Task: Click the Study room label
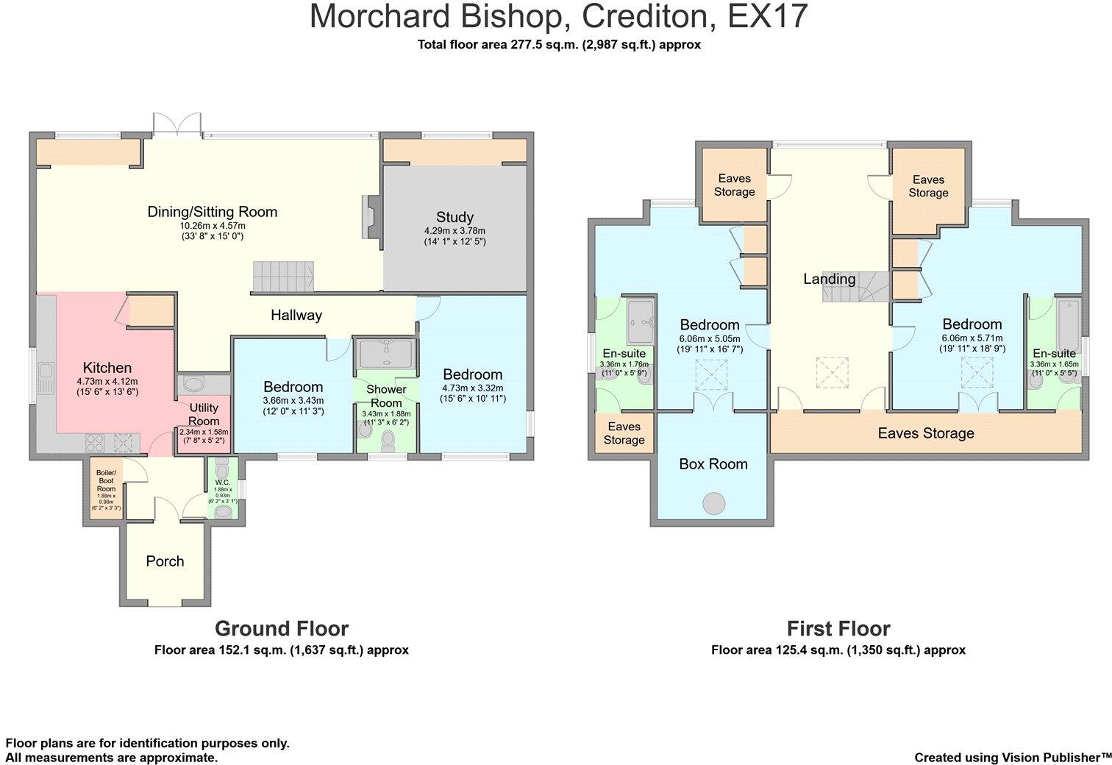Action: (455, 217)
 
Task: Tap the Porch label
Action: (165, 561)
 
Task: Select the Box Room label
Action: (713, 463)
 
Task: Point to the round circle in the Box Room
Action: (714, 504)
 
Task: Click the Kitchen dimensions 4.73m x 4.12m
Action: (107, 382)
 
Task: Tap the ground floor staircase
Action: (283, 277)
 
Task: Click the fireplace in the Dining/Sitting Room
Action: (372, 222)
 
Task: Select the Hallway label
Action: (296, 315)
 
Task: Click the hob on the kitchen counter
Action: (95, 442)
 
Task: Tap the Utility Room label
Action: (204, 414)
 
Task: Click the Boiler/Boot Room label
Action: (106, 480)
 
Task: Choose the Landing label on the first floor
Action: (829, 279)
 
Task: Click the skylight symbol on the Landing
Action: (833, 373)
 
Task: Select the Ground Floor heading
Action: (282, 628)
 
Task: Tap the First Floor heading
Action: (838, 628)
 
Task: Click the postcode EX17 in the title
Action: (768, 16)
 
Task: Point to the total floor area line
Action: (559, 45)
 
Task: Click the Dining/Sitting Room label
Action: (212, 212)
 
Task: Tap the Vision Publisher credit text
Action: (1013, 758)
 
